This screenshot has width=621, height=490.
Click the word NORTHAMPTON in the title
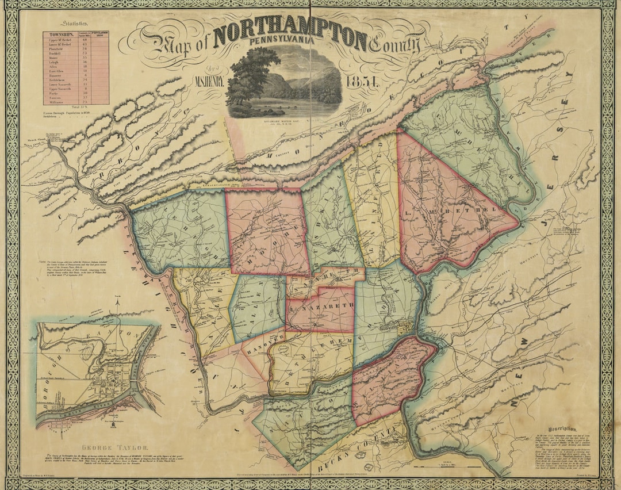[290, 39]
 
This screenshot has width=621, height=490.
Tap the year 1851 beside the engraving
[363, 82]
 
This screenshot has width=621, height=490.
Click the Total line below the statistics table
[75, 107]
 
